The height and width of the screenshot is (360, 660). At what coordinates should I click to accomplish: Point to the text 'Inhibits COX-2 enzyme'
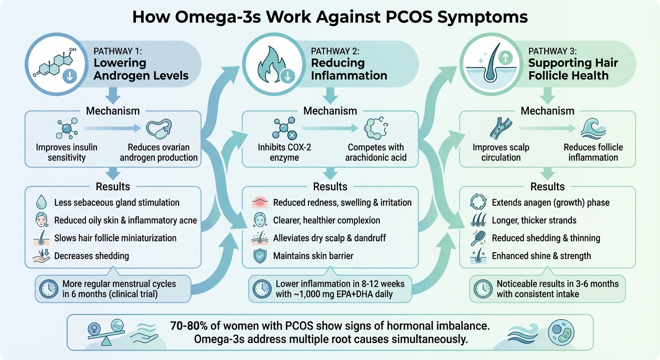click(285, 152)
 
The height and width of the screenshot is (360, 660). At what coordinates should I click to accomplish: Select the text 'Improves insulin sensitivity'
click(67, 152)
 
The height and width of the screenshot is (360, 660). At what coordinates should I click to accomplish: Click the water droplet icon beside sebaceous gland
click(41, 202)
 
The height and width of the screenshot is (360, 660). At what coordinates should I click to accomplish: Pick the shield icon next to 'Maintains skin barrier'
click(259, 256)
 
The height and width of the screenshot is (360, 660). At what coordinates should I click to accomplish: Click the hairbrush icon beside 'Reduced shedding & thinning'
click(477, 238)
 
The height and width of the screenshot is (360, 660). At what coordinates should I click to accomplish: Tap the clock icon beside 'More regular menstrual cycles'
click(48, 289)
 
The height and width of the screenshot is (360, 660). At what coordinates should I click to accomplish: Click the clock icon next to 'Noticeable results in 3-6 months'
click(482, 289)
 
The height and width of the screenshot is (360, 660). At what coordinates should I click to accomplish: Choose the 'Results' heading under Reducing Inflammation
click(330, 187)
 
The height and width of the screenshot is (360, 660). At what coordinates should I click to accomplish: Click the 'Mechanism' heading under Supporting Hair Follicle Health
click(547, 111)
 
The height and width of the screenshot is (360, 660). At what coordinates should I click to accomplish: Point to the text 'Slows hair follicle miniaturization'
click(115, 238)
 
